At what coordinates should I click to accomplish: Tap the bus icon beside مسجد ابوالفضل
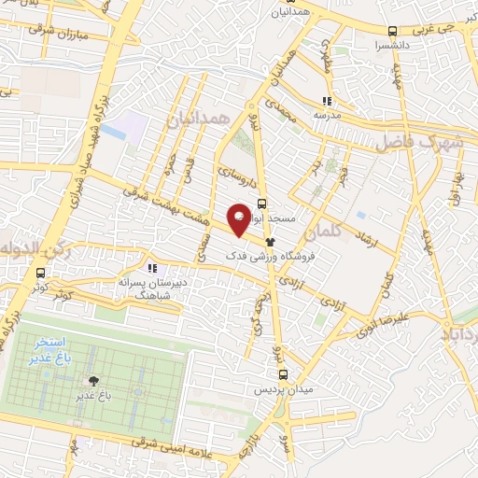pyautogui.click(x=262, y=203)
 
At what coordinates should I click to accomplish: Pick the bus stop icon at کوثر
pyautogui.click(x=39, y=274)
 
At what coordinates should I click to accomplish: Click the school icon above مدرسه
pyautogui.click(x=327, y=101)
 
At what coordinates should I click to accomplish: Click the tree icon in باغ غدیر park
pyautogui.click(x=93, y=381)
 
